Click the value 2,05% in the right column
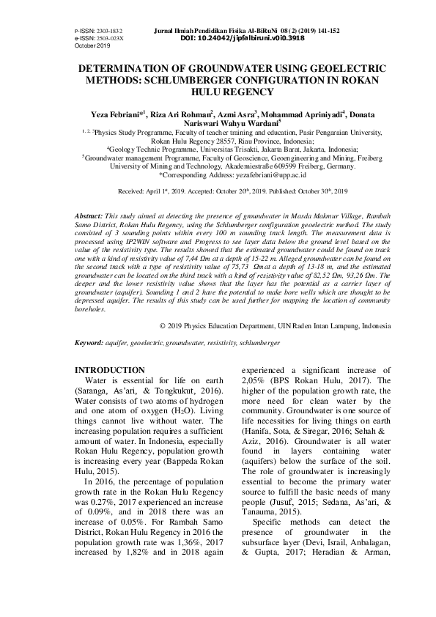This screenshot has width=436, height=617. point(252,381)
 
